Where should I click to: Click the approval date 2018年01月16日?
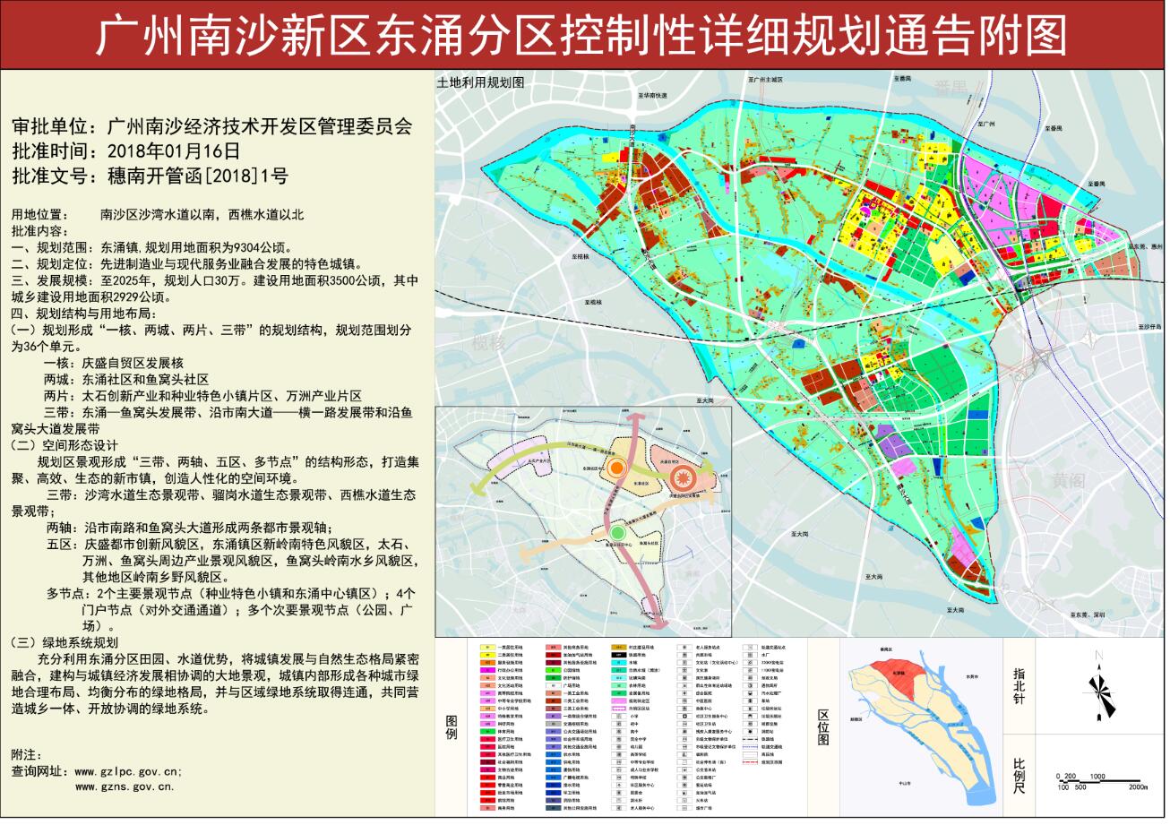(173, 150)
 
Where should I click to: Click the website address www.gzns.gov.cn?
(125, 786)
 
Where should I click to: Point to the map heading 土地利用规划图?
(479, 82)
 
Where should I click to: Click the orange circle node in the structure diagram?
(617, 468)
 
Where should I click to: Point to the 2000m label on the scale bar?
(1138, 786)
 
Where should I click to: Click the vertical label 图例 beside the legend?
(452, 726)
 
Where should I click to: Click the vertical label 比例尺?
(1019, 776)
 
